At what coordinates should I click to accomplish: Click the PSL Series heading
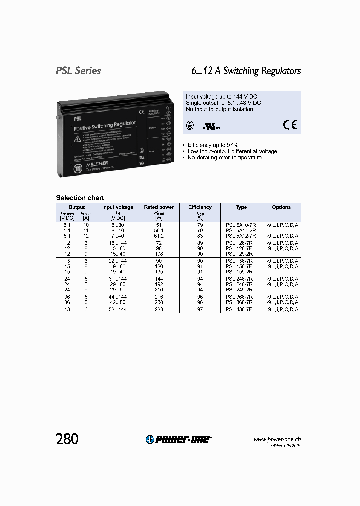(x=78, y=71)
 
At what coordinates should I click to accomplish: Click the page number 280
(x=67, y=439)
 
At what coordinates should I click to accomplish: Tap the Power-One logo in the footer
(x=179, y=439)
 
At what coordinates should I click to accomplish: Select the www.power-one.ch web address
(x=277, y=439)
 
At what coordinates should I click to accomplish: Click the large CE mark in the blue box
(x=290, y=125)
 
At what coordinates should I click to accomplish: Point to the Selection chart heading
(x=80, y=198)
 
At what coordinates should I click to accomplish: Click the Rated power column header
(x=159, y=207)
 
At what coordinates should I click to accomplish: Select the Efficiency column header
(x=200, y=207)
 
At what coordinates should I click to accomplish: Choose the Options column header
(x=281, y=207)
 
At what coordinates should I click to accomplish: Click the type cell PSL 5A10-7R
(x=241, y=225)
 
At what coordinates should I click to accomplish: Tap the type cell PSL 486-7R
(x=239, y=310)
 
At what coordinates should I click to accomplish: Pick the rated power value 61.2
(x=159, y=235)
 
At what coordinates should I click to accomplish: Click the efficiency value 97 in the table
(x=200, y=310)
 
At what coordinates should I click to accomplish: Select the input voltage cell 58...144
(x=118, y=310)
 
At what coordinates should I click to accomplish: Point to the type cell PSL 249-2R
(x=239, y=289)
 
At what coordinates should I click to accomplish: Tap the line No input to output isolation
(x=219, y=109)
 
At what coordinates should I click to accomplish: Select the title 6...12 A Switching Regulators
(x=246, y=71)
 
